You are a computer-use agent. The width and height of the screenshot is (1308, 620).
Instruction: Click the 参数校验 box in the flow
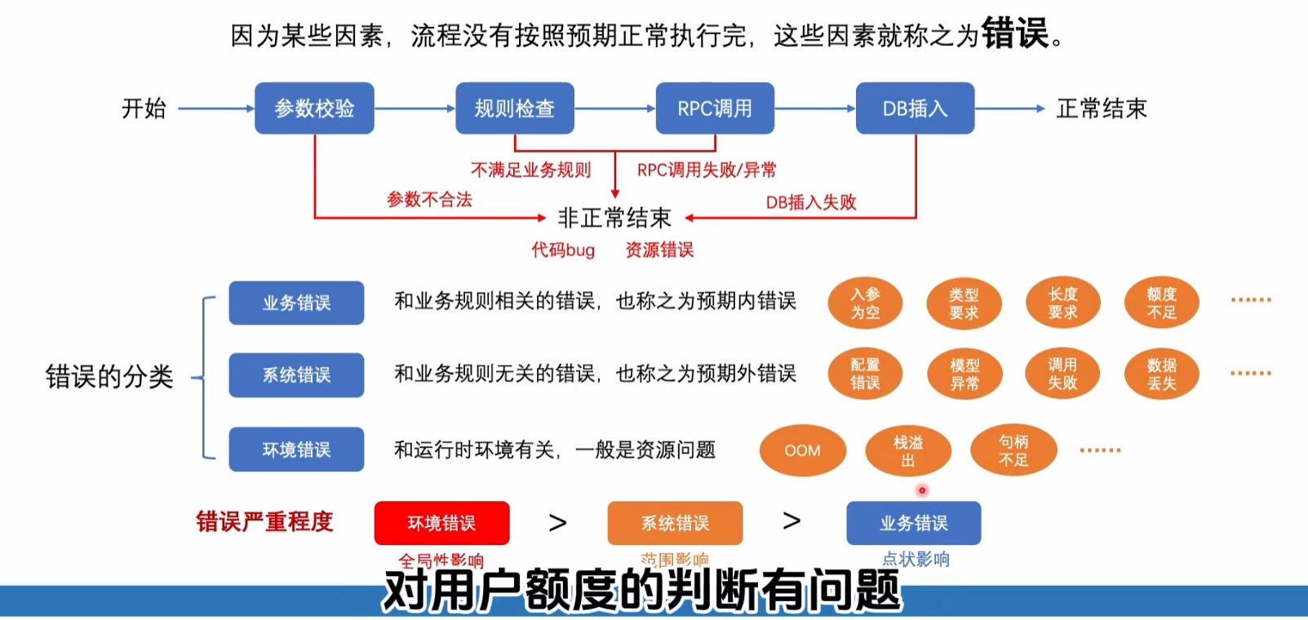314,108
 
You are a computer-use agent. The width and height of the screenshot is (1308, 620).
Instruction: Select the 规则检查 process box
514,108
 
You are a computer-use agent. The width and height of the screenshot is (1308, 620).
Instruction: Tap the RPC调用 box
715,108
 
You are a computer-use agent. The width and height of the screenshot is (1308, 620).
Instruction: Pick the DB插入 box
915,108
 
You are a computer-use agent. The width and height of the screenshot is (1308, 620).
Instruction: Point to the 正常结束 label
1102,108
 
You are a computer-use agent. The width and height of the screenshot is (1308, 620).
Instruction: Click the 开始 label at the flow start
144,108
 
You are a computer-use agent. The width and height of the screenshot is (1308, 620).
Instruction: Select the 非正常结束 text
614,218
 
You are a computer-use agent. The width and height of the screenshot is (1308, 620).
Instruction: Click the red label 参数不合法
429,200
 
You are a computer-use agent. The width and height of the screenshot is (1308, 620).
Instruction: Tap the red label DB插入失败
811,202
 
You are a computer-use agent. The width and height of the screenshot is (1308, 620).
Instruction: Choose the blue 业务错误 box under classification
296,303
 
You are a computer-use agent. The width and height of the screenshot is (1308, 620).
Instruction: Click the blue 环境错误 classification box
296,449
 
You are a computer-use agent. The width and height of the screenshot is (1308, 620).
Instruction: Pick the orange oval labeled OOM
802,450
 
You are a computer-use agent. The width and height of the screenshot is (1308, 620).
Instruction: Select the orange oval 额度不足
1161,303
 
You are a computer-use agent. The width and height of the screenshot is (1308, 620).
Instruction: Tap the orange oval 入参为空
865,303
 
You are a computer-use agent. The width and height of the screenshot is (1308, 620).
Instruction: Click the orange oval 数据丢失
1161,374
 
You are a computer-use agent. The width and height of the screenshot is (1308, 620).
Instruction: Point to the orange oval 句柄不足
1013,450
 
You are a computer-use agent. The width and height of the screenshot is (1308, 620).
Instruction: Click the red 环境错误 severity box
441,523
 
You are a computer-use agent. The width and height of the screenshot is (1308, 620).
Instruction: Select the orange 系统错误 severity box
675,523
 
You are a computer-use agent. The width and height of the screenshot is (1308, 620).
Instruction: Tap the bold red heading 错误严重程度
264,521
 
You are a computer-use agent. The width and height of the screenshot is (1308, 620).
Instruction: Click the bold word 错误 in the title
1014,34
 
